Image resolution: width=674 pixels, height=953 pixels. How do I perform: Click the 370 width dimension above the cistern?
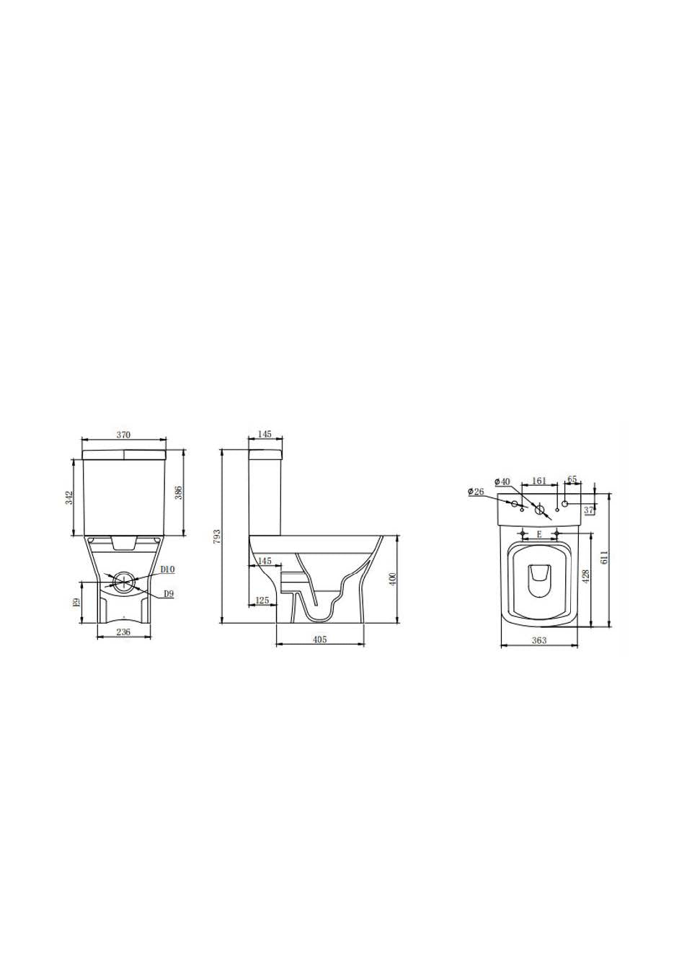point(123,435)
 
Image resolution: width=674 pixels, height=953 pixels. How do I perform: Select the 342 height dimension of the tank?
point(68,497)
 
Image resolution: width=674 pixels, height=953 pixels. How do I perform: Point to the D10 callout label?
point(167,569)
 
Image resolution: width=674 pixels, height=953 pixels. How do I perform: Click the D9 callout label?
point(169,593)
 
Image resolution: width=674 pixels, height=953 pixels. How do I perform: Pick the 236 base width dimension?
point(124,632)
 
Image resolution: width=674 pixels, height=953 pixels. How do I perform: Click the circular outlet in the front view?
point(124,581)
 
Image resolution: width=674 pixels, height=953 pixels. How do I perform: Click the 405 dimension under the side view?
point(320,639)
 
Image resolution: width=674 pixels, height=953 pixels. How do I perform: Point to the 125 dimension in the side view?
point(262,600)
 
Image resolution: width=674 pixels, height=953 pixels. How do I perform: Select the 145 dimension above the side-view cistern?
point(264,435)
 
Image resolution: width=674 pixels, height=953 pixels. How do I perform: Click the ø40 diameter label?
point(502,481)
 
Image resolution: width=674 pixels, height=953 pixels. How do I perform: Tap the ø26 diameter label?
point(476,492)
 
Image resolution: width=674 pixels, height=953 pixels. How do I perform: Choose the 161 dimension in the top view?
point(538,481)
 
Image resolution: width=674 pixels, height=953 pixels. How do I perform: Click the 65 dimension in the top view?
point(572,479)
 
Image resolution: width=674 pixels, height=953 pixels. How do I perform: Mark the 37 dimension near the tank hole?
point(589,510)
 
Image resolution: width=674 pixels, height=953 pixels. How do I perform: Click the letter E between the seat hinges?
point(539,535)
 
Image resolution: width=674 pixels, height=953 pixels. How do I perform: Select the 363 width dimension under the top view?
point(538,640)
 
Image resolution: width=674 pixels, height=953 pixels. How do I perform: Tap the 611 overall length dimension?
point(605,557)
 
